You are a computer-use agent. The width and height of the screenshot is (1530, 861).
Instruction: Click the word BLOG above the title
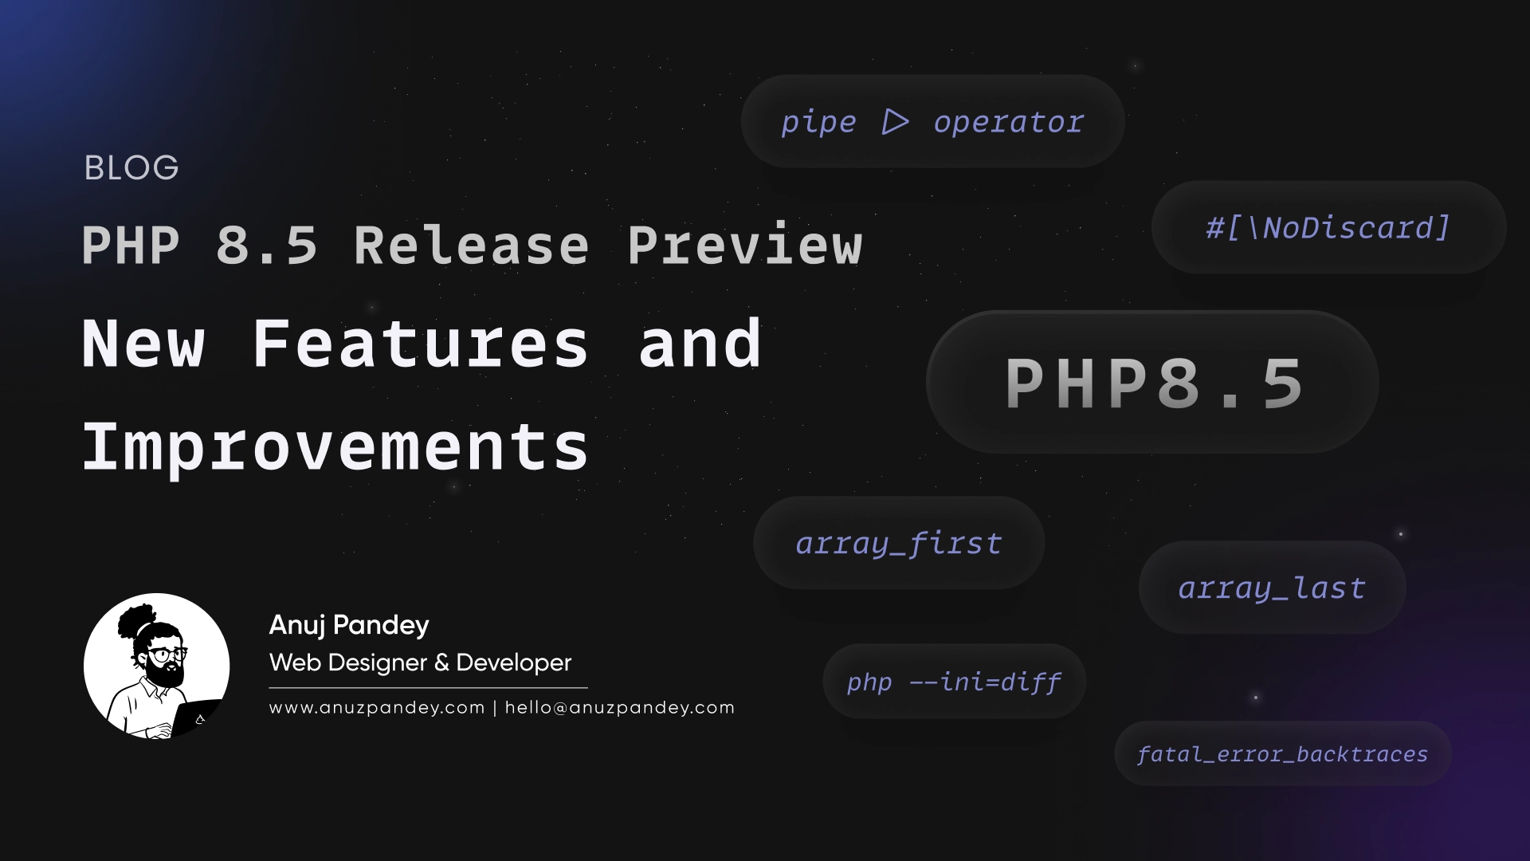pyautogui.click(x=131, y=168)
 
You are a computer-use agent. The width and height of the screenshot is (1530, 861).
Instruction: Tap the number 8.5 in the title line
pyautogui.click(x=266, y=245)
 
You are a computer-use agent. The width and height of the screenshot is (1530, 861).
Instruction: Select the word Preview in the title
pyautogui.click(x=744, y=245)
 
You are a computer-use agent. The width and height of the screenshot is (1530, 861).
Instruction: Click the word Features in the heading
pyautogui.click(x=420, y=344)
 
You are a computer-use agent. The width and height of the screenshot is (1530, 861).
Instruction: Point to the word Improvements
pyautogui.click(x=335, y=446)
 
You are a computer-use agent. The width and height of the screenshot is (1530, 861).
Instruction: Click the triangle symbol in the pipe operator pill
pyautogui.click(x=895, y=122)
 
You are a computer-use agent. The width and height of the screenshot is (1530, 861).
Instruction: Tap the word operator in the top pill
pyautogui.click(x=1008, y=122)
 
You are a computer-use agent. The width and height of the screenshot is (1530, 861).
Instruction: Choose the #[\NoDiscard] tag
pyautogui.click(x=1328, y=228)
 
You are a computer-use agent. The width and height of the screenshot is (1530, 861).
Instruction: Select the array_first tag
pyautogui.click(x=898, y=544)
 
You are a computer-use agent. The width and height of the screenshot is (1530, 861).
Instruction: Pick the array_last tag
pyautogui.click(x=1272, y=588)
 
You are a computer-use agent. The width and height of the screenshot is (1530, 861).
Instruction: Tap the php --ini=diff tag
pyautogui.click(x=954, y=682)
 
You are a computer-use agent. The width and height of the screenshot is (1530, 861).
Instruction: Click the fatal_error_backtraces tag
pyautogui.click(x=1282, y=754)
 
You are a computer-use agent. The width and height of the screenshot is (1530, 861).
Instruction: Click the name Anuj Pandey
pyautogui.click(x=349, y=625)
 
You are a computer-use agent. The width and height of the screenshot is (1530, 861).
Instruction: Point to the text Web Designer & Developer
pyautogui.click(x=420, y=662)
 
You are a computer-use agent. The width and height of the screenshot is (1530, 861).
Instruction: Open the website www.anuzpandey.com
pyautogui.click(x=377, y=708)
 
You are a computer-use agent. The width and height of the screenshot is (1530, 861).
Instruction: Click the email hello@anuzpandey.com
pyautogui.click(x=619, y=708)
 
